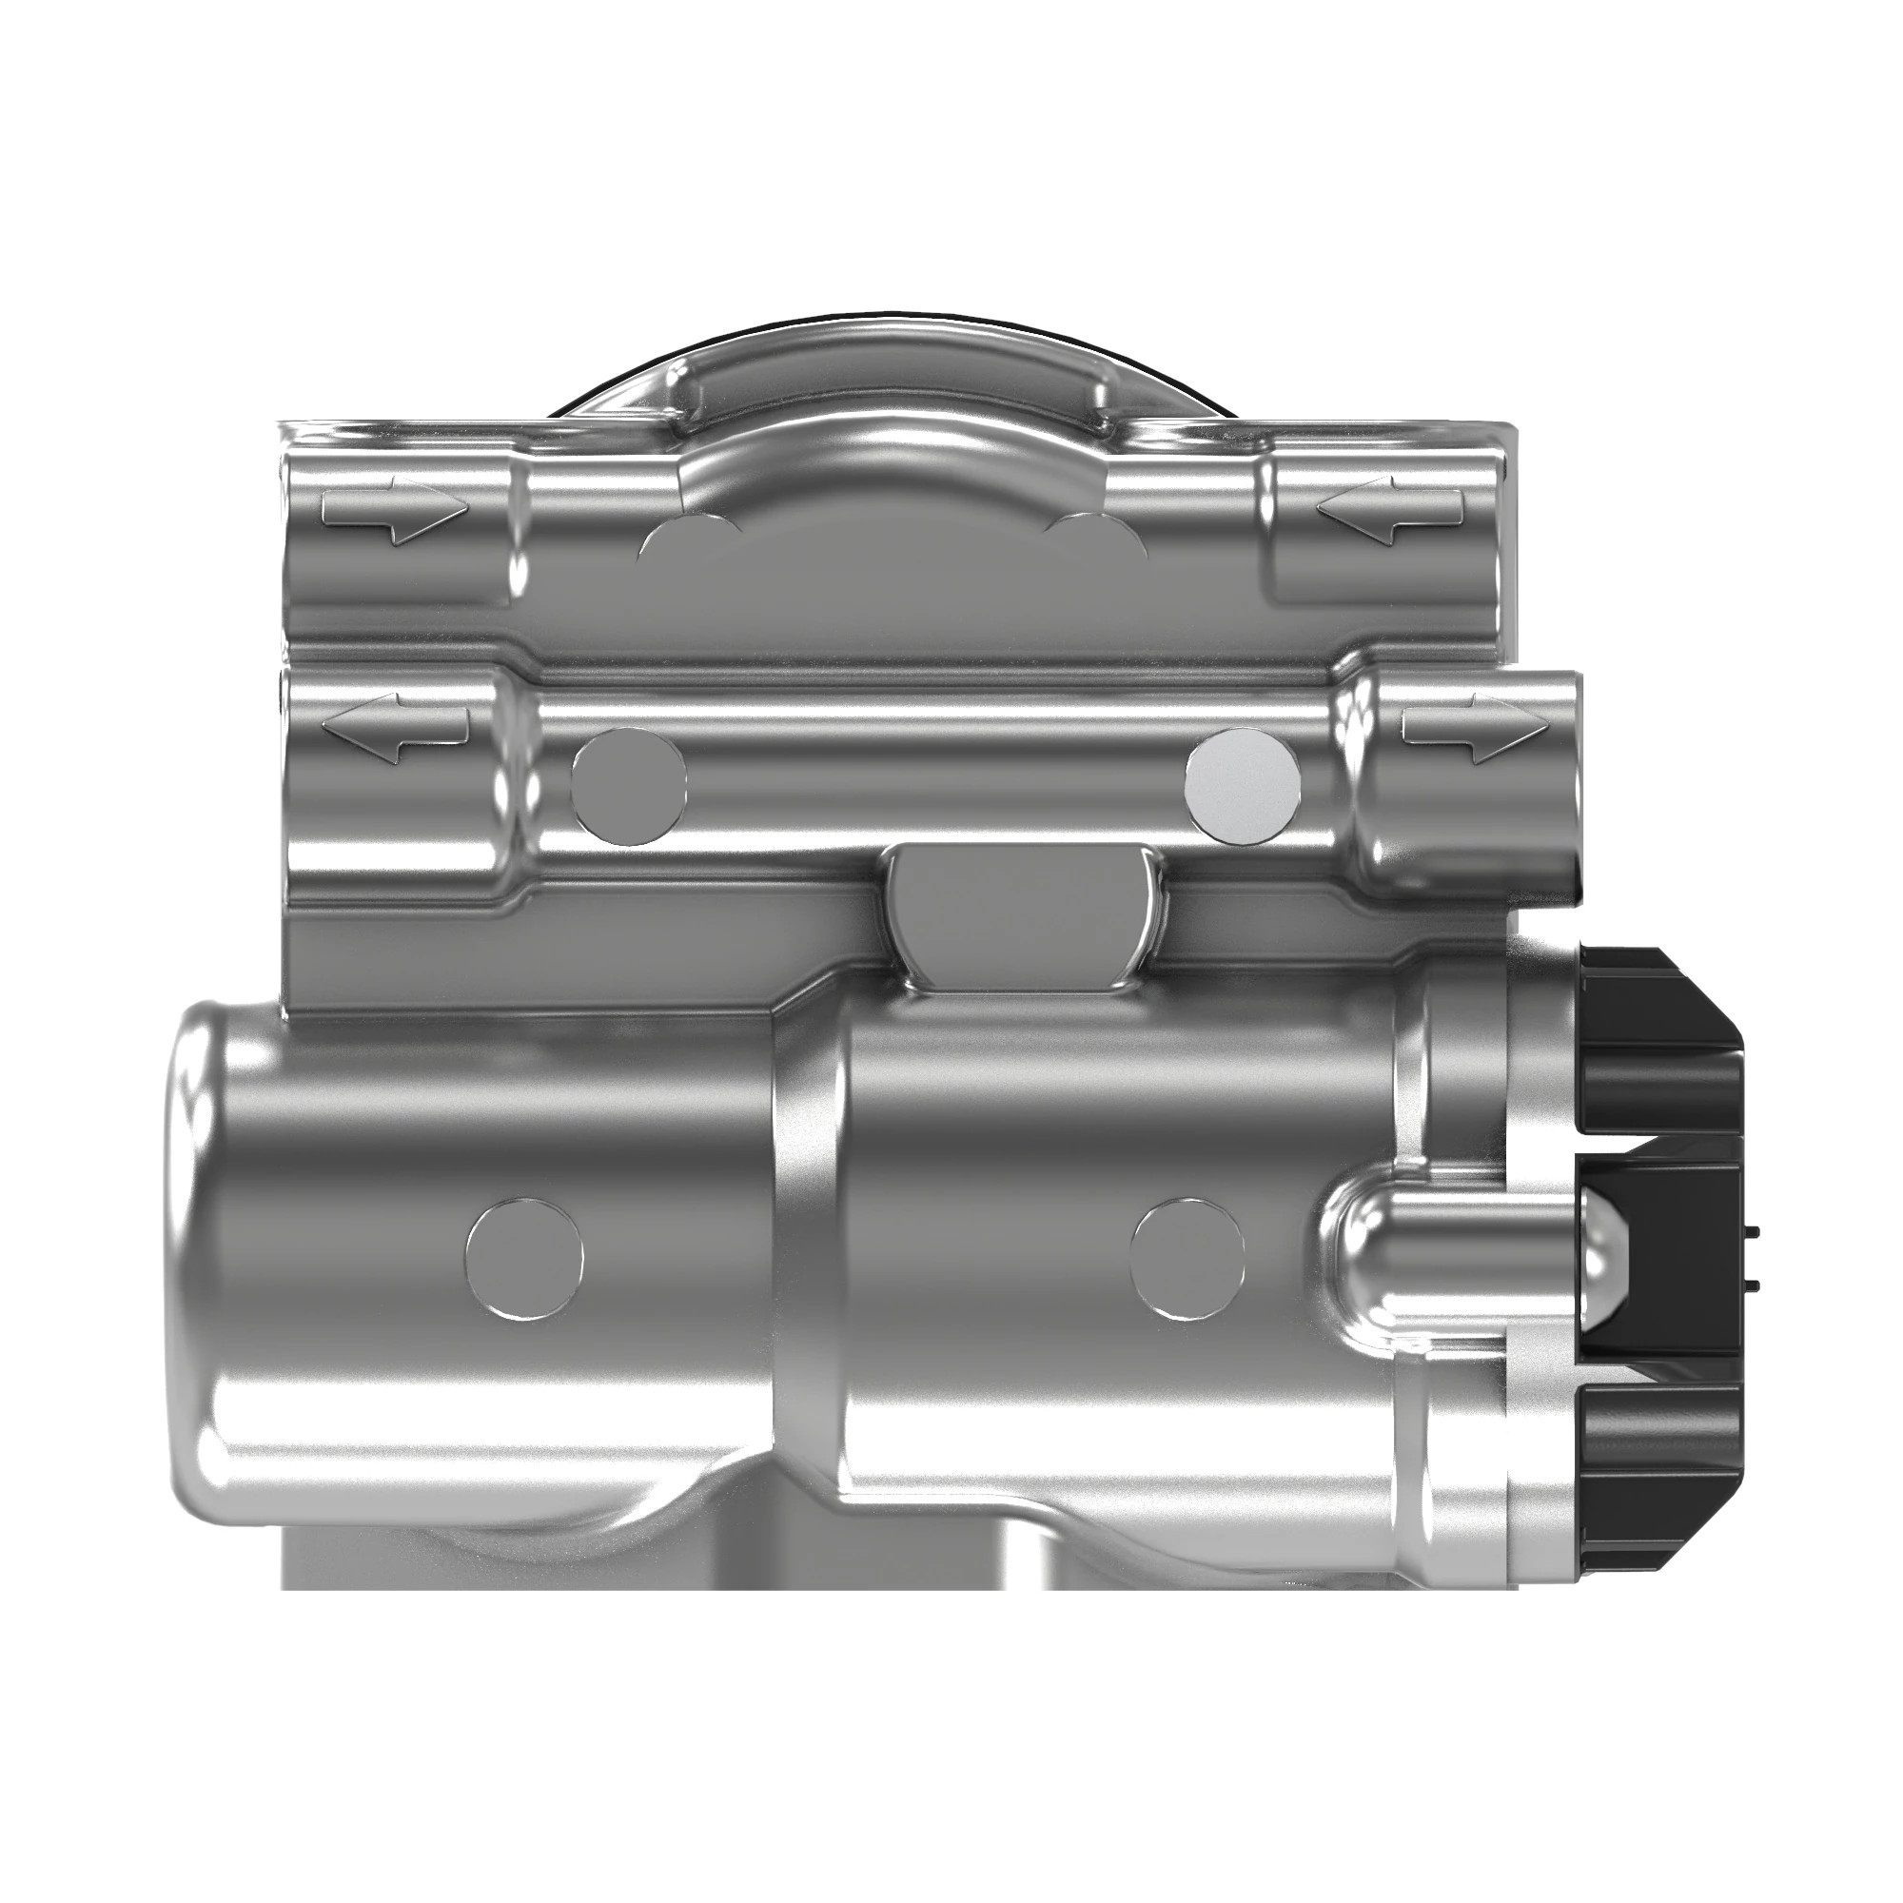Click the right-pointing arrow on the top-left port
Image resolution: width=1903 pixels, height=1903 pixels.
[x=394, y=512]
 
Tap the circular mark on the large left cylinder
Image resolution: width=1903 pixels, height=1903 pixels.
[x=524, y=1259]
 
